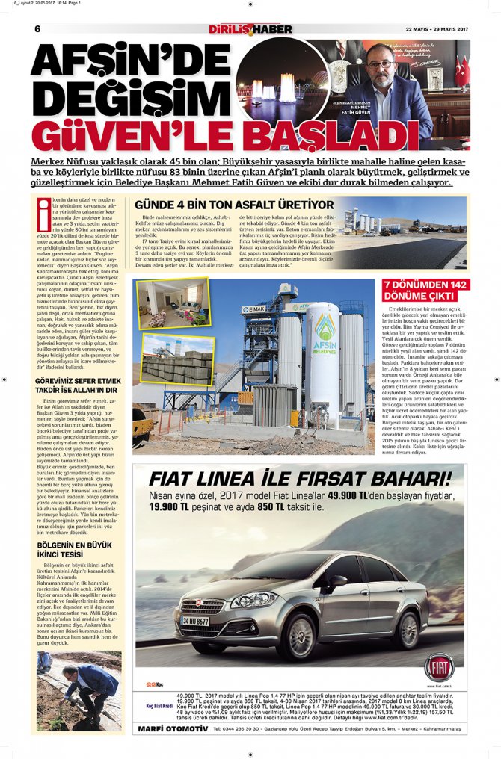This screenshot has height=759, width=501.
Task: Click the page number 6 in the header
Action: [x=37, y=29]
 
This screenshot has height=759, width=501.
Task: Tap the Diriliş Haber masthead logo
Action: [x=250, y=29]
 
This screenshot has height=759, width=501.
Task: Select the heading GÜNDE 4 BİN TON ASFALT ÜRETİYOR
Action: [x=233, y=205]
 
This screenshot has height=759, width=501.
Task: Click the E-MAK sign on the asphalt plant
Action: [x=258, y=308]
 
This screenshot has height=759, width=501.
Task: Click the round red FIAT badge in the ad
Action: [x=440, y=667]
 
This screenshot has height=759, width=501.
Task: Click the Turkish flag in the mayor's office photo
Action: [x=462, y=71]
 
